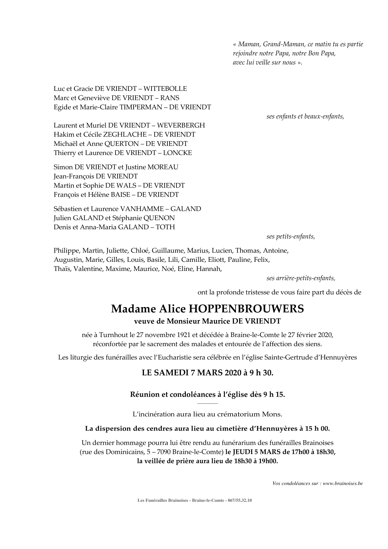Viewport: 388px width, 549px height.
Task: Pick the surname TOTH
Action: click(165, 227)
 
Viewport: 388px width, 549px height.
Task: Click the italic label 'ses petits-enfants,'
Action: click(291, 237)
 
